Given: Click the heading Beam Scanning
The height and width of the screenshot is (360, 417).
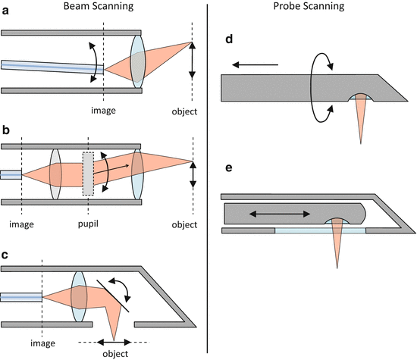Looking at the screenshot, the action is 99,6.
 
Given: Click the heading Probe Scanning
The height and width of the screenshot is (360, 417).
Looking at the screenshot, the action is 309,6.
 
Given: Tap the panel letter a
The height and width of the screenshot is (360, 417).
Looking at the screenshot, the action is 5,11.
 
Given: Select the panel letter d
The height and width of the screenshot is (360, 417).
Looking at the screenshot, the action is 229,39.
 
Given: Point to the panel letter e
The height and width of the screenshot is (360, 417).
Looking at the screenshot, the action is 229,168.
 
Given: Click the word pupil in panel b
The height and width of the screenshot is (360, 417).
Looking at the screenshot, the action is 88,224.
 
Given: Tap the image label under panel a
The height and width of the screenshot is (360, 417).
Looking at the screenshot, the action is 103,110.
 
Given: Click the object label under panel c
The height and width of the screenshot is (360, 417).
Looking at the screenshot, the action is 115,354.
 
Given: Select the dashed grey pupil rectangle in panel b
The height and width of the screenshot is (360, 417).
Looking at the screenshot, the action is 88,174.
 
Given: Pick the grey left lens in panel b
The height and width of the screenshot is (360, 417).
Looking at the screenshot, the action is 55,174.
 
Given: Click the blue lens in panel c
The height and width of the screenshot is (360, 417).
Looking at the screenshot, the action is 79,297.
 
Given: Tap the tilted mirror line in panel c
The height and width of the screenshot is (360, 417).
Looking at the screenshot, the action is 113,296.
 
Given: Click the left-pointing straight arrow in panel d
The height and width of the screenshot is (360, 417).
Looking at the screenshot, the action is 256,64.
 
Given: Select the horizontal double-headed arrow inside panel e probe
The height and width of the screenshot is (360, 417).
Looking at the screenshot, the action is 280,214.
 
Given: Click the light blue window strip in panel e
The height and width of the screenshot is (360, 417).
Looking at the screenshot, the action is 320,230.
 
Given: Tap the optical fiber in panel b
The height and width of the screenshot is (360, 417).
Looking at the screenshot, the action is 11,174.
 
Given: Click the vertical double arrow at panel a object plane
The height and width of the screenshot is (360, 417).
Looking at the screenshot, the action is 193,61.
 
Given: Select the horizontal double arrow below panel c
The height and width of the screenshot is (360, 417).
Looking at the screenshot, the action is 114,342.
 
